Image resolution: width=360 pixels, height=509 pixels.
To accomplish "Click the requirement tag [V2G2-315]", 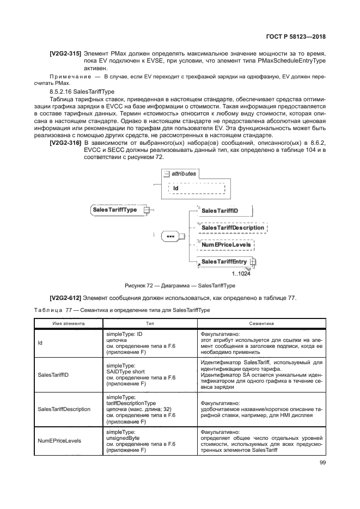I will pyautogui.click(x=66, y=54).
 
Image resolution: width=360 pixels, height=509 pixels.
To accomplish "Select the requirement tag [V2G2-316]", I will pyautogui.click(x=66, y=142).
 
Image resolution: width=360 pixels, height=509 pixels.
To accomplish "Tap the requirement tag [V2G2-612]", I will pyautogui.click(x=66, y=297).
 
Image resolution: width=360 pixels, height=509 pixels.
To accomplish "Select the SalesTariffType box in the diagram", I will pyautogui.click(x=115, y=210).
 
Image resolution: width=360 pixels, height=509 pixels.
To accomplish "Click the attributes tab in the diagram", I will pyautogui.click(x=180, y=173).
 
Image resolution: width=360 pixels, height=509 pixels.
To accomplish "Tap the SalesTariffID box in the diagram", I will pyautogui.click(x=219, y=210).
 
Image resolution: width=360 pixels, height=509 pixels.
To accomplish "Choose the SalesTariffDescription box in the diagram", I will pyautogui.click(x=233, y=227).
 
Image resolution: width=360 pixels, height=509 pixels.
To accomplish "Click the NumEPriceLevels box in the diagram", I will pyautogui.click(x=226, y=245).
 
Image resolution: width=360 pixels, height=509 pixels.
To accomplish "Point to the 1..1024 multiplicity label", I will pyautogui.click(x=241, y=274).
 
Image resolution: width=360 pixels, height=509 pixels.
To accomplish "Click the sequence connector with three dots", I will pyautogui.click(x=170, y=236).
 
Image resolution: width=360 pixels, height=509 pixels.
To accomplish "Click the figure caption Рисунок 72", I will pyautogui.click(x=180, y=285).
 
